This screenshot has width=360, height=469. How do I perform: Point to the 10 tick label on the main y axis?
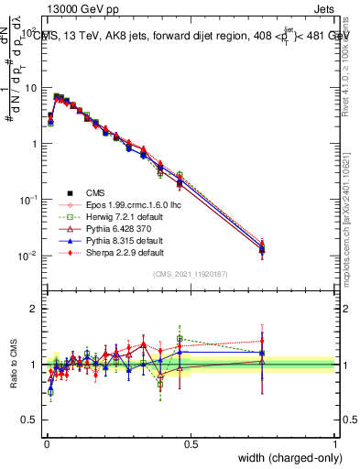pos(28,88)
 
